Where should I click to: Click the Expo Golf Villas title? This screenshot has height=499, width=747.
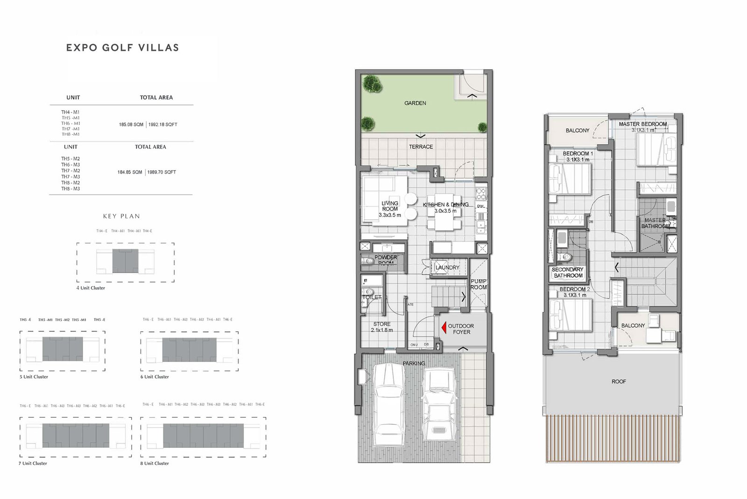pos(122,48)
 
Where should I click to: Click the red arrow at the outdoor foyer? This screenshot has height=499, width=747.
pos(443,329)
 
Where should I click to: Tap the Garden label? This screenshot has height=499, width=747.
pos(415,103)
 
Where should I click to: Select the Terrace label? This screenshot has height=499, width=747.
pos(421,147)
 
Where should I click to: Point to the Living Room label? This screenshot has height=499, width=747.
pos(390,209)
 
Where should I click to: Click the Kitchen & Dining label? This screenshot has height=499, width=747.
pos(445,208)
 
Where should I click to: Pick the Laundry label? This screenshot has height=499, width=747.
pos(447,267)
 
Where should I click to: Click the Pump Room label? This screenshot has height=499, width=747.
pos(479,284)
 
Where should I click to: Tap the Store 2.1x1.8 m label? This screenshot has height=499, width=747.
pos(382,327)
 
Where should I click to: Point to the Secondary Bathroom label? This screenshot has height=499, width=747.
pos(568,273)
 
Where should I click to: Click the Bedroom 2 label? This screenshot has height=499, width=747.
pos(575,292)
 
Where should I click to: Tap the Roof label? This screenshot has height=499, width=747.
pos(619,382)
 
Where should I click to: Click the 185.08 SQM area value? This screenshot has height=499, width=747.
pos(131,125)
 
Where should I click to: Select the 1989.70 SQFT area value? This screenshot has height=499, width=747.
pos(162,172)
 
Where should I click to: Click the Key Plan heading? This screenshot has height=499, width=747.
pos(121,216)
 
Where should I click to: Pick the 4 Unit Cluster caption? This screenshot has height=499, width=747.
pos(91,288)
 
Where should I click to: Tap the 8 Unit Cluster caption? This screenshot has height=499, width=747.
pos(155,464)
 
